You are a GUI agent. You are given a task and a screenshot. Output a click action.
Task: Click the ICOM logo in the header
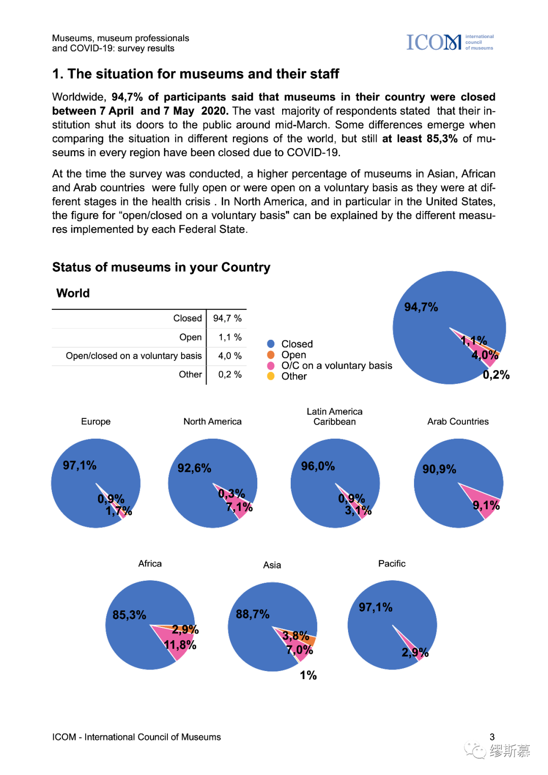pyautogui.click(x=450, y=43)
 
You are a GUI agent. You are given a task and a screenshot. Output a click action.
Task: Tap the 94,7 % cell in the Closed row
pyautogui.click(x=227, y=319)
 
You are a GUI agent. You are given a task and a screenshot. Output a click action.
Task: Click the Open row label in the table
pyautogui.click(x=190, y=337)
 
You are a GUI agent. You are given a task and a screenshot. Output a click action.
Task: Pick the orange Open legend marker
pyautogui.click(x=271, y=355)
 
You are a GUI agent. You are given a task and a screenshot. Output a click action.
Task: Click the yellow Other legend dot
pyautogui.click(x=271, y=376)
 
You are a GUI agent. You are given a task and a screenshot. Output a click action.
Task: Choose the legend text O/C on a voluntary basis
pyautogui.click(x=336, y=366)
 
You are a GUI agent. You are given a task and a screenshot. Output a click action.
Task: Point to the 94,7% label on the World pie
pyautogui.click(x=421, y=307)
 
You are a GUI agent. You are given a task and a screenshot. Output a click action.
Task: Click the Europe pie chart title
pyautogui.click(x=96, y=421)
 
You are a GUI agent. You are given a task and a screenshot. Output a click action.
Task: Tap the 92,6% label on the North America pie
pyautogui.click(x=194, y=468)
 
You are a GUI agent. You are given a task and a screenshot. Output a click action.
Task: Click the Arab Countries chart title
pyautogui.click(x=458, y=421)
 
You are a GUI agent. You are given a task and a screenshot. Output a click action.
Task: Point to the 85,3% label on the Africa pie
pyautogui.click(x=129, y=615)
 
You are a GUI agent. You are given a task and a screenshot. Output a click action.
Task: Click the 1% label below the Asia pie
pyautogui.click(x=308, y=675)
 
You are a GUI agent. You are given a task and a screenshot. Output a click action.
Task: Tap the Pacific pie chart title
pyautogui.click(x=392, y=563)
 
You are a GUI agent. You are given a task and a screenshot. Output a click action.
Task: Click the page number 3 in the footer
pyautogui.click(x=492, y=737)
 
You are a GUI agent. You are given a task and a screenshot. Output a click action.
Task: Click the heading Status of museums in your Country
pyautogui.click(x=161, y=267)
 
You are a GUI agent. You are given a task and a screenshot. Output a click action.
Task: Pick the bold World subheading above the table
pyautogui.click(x=73, y=293)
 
